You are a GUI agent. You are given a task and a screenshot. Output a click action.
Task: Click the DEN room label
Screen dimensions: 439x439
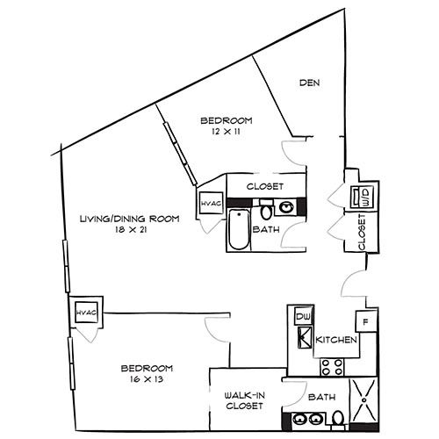[309, 83]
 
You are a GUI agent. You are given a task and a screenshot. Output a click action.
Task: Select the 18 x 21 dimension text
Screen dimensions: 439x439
[131, 230]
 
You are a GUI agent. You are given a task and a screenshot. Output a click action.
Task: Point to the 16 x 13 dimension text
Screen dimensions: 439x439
[147, 379]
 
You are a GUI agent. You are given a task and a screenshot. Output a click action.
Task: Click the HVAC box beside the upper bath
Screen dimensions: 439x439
[211, 203]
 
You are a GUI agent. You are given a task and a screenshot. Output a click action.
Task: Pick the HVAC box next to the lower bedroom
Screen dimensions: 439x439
[86, 313]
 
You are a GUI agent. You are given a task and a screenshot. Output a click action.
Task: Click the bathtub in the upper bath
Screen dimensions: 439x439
[239, 228]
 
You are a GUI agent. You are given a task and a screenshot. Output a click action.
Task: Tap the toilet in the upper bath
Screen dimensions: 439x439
[266, 210]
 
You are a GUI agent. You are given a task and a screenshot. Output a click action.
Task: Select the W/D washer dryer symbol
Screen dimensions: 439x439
[363, 197]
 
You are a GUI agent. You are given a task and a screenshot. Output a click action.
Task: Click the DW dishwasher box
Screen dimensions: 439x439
[303, 316]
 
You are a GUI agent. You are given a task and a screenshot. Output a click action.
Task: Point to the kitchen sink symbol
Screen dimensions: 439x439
[306, 338]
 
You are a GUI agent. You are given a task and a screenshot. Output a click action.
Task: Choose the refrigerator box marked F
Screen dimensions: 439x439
[366, 321]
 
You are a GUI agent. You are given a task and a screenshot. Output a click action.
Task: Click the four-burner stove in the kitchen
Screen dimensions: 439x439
[332, 367]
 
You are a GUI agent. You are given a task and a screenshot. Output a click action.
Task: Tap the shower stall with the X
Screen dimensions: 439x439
[364, 399]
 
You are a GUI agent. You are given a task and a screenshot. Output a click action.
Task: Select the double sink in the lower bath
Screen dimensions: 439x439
[307, 420]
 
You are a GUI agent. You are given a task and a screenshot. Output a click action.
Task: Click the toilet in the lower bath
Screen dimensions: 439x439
[338, 418]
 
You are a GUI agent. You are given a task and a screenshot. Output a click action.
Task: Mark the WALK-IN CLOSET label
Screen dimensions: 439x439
[244, 400]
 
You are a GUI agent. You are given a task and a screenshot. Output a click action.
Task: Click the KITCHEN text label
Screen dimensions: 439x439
[336, 340]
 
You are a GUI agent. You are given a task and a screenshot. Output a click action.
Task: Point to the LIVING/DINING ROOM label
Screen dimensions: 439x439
[130, 219]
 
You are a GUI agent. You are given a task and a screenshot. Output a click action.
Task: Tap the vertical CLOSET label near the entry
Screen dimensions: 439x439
[362, 232]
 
